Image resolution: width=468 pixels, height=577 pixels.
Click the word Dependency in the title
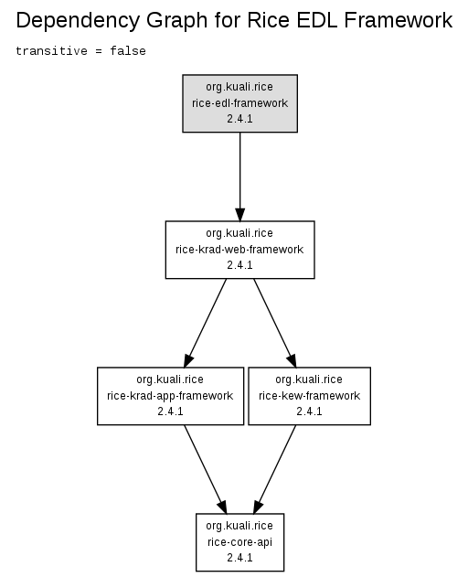click(79, 21)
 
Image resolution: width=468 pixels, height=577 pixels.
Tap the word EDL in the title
click(317, 20)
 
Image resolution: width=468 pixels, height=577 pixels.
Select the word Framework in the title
click(399, 20)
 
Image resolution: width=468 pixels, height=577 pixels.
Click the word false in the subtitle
click(128, 51)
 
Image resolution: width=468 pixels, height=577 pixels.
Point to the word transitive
click(51, 51)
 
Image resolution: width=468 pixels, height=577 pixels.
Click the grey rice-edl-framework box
click(239, 103)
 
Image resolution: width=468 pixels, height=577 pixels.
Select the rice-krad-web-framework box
click(239, 250)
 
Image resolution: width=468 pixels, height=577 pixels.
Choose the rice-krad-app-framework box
click(170, 396)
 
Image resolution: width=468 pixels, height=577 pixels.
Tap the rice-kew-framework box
click(310, 396)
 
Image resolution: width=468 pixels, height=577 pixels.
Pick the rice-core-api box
click(239, 542)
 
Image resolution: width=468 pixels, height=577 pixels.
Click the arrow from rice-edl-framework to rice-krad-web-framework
click(239, 176)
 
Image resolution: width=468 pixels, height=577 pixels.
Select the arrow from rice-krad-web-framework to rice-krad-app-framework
click(206, 323)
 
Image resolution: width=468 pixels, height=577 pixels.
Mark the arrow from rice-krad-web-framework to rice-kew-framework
click(275, 323)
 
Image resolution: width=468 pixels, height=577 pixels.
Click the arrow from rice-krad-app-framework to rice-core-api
click(206, 469)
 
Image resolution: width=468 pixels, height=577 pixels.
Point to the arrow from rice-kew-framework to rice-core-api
click(274, 469)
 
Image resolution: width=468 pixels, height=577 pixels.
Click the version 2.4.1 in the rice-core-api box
click(239, 558)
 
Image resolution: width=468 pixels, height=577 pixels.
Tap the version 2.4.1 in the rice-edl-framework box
click(239, 119)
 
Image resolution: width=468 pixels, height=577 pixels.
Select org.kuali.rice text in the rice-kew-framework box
click(309, 379)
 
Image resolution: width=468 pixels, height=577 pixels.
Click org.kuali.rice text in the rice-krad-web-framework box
click(239, 233)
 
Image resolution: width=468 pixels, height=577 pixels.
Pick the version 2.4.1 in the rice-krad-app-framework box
click(170, 411)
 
